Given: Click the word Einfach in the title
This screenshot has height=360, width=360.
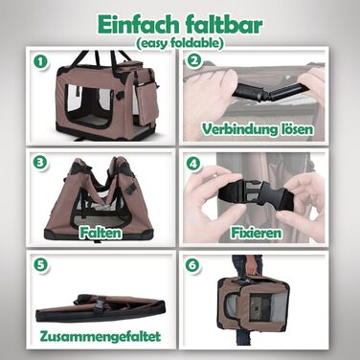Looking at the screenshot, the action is pyautogui.click(x=138, y=24).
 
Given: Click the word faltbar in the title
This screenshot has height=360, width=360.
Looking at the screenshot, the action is pyautogui.click(x=223, y=24).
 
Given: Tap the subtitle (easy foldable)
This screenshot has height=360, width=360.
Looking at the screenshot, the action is pyautogui.click(x=179, y=43).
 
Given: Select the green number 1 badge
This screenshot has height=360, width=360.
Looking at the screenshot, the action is pyautogui.click(x=41, y=62).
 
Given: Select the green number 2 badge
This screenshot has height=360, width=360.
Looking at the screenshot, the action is pyautogui.click(x=193, y=60).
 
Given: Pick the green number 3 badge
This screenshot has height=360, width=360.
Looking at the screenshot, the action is pyautogui.click(x=40, y=162).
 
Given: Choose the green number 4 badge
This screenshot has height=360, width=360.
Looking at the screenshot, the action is pyautogui.click(x=193, y=164).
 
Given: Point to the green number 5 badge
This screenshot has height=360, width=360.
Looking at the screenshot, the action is pyautogui.click(x=41, y=264).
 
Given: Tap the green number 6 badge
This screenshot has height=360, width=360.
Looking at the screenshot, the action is pyautogui.click(x=193, y=265).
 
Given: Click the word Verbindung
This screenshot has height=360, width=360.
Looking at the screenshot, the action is pyautogui.click(x=236, y=129).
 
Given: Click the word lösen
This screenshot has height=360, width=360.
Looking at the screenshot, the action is pyautogui.click(x=293, y=129).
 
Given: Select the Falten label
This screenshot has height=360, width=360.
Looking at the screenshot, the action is pyautogui.click(x=101, y=233).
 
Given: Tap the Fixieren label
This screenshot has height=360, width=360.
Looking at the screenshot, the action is pyautogui.click(x=257, y=233).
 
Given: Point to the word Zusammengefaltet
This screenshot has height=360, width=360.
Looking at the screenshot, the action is pyautogui.click(x=101, y=336).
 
